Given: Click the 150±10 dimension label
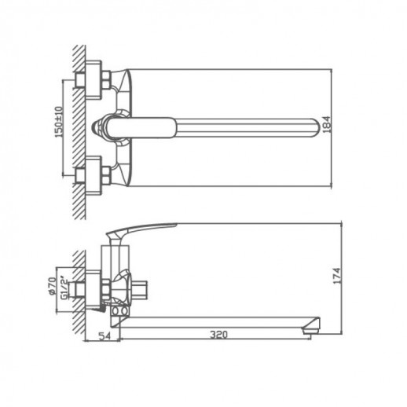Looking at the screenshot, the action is coord(59,122).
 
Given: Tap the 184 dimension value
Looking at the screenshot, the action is coord(327,125).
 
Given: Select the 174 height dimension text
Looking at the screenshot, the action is coord(337,276).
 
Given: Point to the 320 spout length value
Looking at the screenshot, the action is coord(219,335).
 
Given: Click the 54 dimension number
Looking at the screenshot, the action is coord(104,335).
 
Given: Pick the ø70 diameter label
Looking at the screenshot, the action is coord(53,286).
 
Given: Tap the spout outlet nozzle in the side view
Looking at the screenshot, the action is coord(311,326).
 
